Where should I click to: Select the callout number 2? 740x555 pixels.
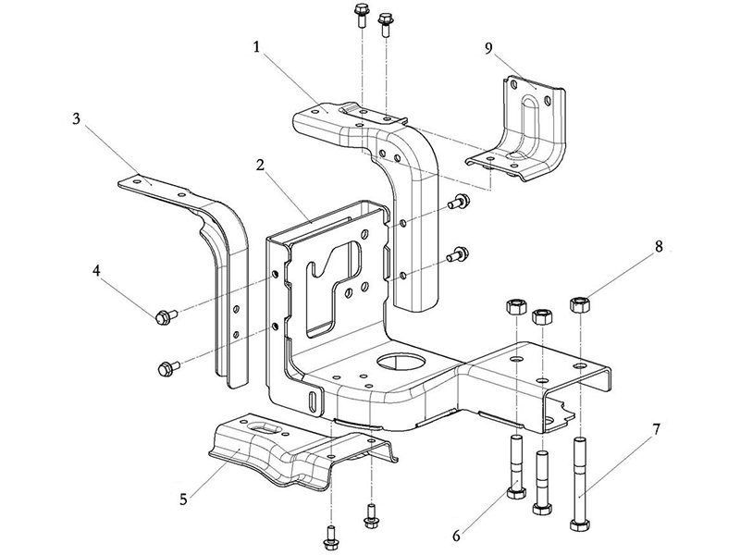[x=262, y=166]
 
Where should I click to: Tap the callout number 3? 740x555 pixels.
[x=76, y=118]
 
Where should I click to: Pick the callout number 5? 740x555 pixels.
[x=183, y=499]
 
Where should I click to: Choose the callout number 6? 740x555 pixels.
[x=456, y=536]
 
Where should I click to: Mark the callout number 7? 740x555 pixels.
[x=657, y=430]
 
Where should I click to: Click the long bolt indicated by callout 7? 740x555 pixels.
[x=579, y=481]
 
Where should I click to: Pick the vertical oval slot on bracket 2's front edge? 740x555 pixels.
[x=313, y=404]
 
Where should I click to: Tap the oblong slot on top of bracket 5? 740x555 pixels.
[x=265, y=430]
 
